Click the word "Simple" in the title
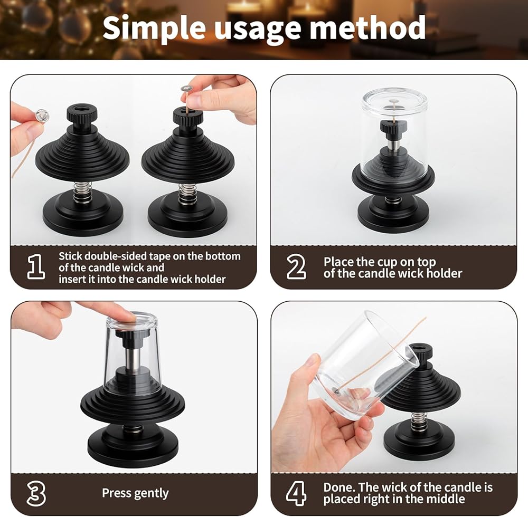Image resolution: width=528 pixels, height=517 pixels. tap(154, 28)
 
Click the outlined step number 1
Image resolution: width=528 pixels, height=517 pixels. tap(36, 266)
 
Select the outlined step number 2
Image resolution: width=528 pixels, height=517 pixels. tap(296, 267)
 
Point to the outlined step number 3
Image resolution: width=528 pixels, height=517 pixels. tap(36, 493)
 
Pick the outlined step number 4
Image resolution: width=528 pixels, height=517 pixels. tap(296, 493)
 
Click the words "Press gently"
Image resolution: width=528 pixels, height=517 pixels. tap(135, 493)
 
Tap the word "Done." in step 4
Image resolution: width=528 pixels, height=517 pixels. tap(339, 487)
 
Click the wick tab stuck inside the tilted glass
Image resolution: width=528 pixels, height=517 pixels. tap(336, 390)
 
